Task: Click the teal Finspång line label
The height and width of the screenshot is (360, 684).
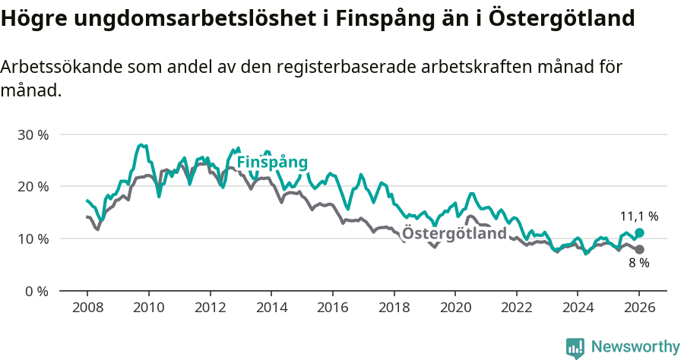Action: point(272,163)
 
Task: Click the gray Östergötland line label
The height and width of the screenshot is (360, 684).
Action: point(454,233)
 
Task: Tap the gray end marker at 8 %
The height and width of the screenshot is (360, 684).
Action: point(639,249)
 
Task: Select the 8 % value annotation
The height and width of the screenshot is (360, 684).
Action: point(638,263)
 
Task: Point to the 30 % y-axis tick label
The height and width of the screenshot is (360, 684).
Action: point(33,134)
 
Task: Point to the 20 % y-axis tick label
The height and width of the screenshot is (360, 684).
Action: point(33,187)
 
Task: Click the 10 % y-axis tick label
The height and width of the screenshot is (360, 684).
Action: point(33,238)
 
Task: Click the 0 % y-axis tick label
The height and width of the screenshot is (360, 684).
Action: point(36,291)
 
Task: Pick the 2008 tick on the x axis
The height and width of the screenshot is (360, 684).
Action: point(87,308)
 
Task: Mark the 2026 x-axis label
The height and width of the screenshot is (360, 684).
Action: point(639,308)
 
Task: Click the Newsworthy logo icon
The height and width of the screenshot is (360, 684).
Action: point(575,347)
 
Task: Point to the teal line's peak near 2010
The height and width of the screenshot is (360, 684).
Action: point(141,144)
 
